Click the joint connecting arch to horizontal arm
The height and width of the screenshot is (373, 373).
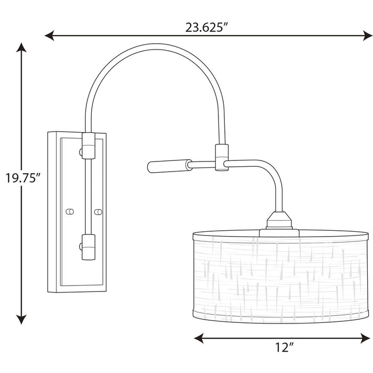pyautogui.click(x=220, y=158)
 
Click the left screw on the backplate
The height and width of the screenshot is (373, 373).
pyautogui.click(x=69, y=212)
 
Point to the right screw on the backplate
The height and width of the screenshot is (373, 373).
pyautogui.click(x=98, y=212)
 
